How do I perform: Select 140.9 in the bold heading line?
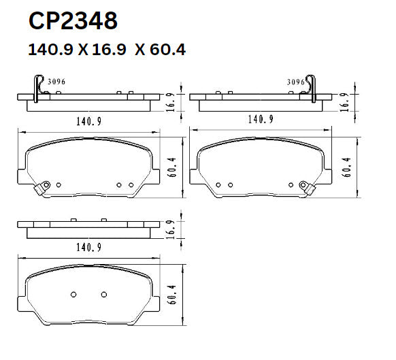(x=50, y=50)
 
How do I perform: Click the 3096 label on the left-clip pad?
(x=56, y=82)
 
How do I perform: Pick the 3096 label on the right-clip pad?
(x=295, y=82)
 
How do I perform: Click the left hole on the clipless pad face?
(x=73, y=294)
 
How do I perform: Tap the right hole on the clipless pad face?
(x=104, y=294)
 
